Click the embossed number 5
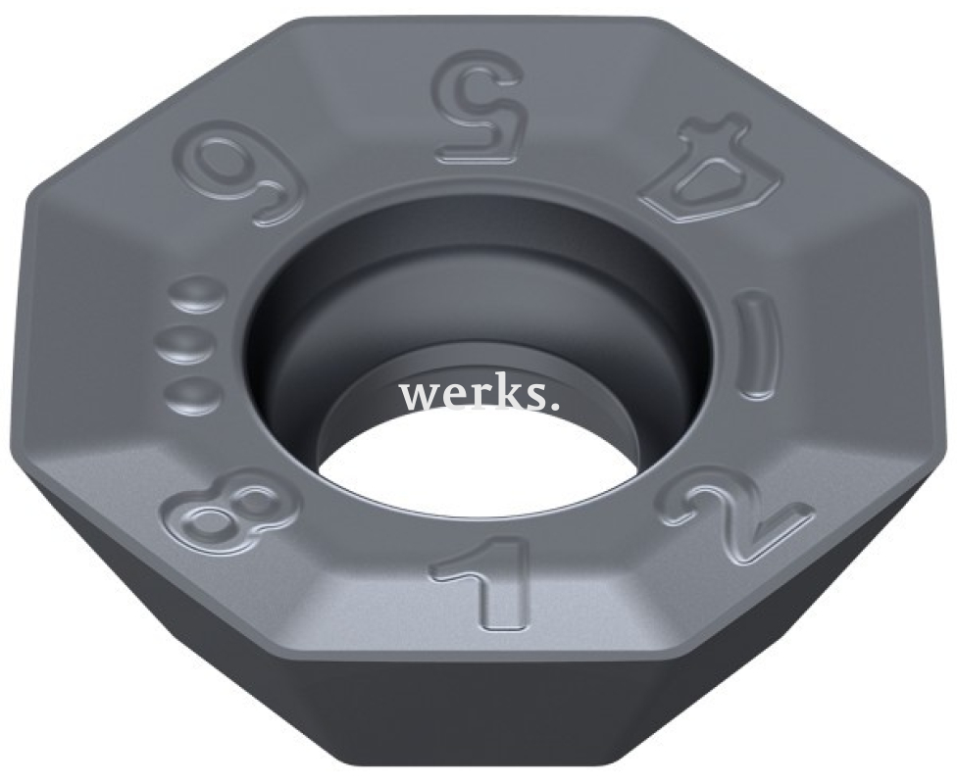pyautogui.click(x=479, y=107)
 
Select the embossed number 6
pyautogui.click(x=239, y=177)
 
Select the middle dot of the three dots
pyautogui.click(x=186, y=345)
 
